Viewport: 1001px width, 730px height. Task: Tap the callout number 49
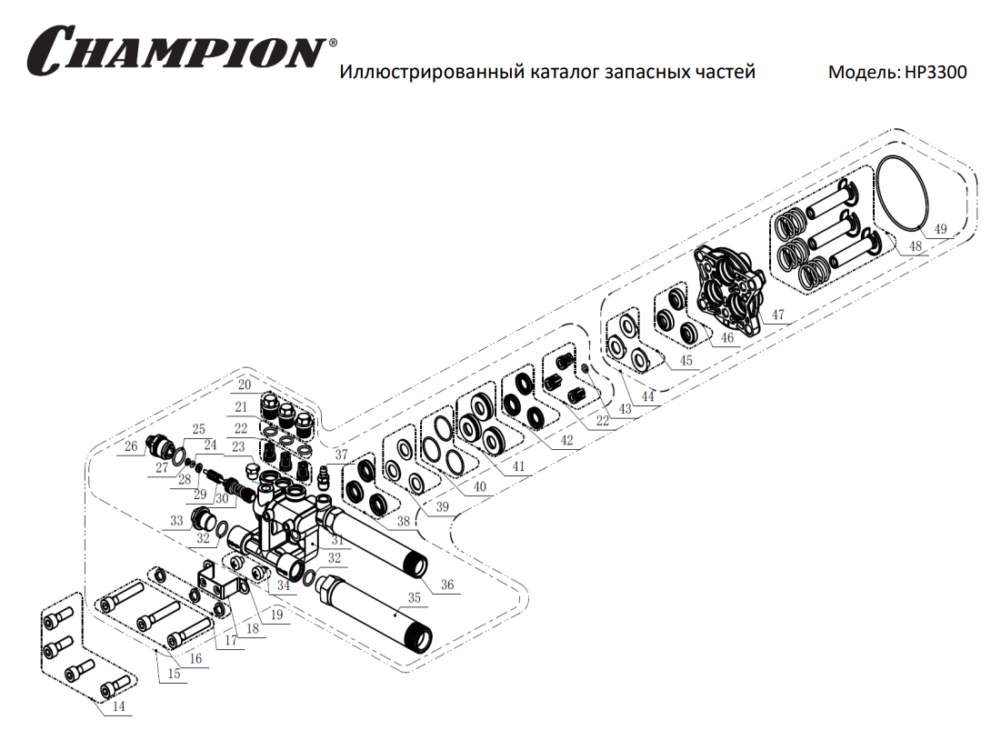point(940,229)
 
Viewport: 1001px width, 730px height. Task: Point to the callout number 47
point(777,315)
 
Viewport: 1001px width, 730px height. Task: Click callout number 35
point(415,599)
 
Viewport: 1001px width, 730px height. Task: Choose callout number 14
point(119,706)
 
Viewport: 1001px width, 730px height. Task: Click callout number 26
point(132,446)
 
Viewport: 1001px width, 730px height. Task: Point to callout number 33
point(177,521)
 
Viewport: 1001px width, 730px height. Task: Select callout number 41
point(518,466)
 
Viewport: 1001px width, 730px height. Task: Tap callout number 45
point(686,361)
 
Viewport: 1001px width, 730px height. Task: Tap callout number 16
point(195,657)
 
